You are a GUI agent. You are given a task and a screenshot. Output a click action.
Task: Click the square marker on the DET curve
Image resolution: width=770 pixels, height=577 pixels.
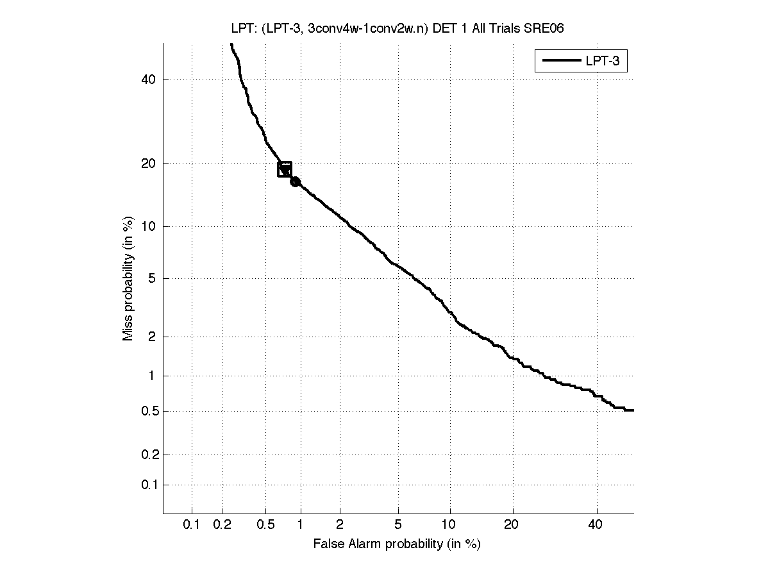(x=285, y=169)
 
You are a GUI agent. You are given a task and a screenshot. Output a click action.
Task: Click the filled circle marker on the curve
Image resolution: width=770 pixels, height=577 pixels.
(x=295, y=181)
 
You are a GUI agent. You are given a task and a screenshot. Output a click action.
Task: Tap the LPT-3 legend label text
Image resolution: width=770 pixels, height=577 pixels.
(x=605, y=62)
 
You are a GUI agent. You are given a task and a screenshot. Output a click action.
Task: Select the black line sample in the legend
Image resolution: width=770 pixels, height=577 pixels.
(x=560, y=62)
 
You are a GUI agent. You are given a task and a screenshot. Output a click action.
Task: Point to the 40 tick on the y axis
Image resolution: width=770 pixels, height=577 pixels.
(x=149, y=79)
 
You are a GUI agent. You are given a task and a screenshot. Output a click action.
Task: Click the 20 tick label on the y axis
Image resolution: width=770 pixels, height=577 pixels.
(x=149, y=163)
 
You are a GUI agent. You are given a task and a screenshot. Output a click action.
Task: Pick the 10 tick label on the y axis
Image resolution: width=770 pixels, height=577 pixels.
(x=149, y=226)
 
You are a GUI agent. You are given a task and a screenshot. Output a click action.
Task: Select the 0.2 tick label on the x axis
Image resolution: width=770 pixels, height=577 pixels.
(x=222, y=525)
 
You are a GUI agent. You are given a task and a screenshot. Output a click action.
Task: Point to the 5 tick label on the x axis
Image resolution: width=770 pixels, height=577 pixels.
(x=398, y=525)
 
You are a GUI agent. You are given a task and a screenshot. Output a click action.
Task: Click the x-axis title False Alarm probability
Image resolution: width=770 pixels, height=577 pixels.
(x=397, y=544)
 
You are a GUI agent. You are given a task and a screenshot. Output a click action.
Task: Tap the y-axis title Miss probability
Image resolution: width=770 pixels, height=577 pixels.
(x=129, y=278)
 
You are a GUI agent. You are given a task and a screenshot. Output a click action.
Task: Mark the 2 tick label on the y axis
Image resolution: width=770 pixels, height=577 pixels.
(x=152, y=337)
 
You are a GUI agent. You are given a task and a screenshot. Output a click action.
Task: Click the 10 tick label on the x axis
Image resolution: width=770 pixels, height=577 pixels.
(x=450, y=525)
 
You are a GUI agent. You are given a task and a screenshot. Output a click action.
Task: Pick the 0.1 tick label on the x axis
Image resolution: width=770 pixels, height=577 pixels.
(x=192, y=525)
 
